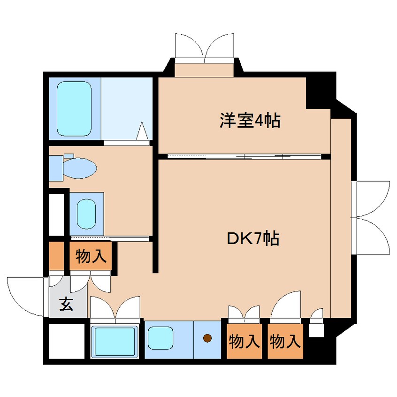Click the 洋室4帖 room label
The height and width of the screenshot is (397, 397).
coord(250,121)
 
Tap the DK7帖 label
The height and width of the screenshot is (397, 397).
coord(253,238)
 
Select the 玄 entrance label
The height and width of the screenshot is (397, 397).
coord(66,305)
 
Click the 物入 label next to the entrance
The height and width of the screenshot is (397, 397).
coord(91,256)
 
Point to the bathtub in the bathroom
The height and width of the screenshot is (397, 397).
coord(74,108)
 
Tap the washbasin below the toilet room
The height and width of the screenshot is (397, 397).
coord(87,214)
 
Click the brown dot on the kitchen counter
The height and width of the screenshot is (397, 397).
coord(207,337)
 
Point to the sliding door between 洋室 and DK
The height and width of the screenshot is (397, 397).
coord(244,156)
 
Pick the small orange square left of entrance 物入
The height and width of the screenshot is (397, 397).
coord(56,256)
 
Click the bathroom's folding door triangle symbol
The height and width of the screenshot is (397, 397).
coord(142,131)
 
